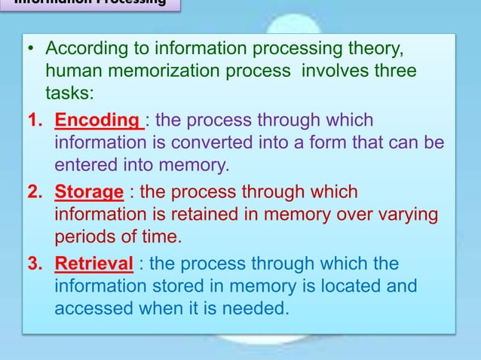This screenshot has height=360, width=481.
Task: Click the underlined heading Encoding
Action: tap(97, 121)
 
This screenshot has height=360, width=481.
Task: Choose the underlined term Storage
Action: tap(88, 192)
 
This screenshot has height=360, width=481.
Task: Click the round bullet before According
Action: tap(31, 50)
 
